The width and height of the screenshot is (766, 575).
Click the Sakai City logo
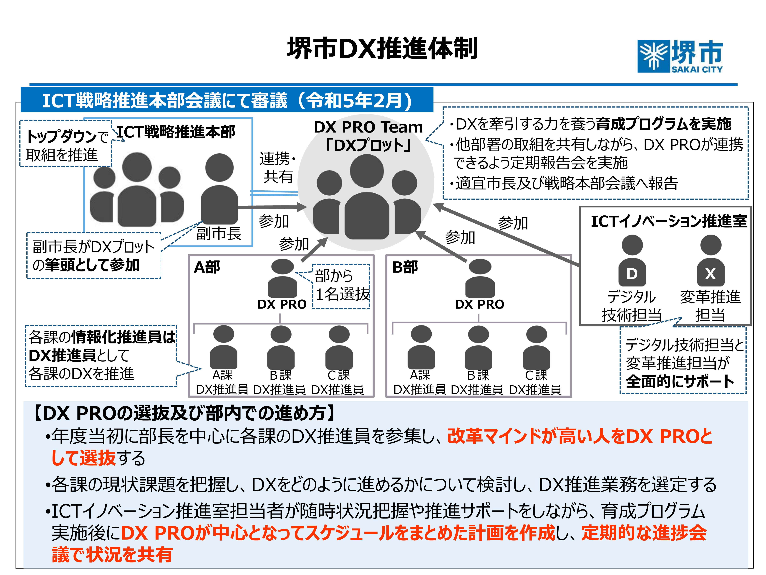[x=680, y=56]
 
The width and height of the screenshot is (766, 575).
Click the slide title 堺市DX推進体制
[x=382, y=49]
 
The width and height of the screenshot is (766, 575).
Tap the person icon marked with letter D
[x=632, y=261]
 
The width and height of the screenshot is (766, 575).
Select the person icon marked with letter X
[x=711, y=261]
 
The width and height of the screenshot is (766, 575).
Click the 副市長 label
[x=219, y=233]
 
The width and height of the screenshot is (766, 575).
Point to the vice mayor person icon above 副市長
[x=219, y=189]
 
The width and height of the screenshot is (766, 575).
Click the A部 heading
[x=207, y=267]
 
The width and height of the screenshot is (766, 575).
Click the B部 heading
[x=405, y=267]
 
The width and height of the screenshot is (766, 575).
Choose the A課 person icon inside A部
[x=223, y=348]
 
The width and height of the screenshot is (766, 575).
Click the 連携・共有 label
[x=278, y=168]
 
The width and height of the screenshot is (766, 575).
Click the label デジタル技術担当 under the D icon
[x=631, y=306]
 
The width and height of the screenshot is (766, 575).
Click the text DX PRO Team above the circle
[x=368, y=127]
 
